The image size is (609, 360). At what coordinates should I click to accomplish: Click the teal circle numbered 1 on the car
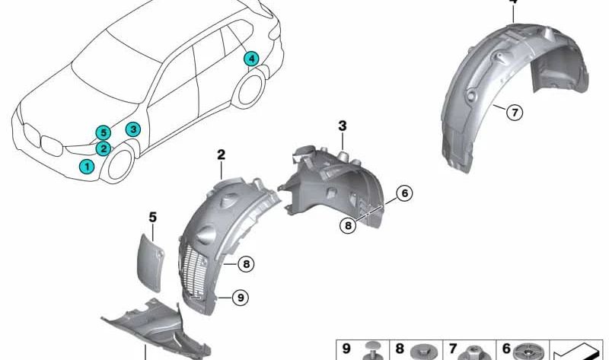pyautogui.click(x=88, y=165)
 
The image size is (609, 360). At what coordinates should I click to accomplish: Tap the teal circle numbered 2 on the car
pyautogui.click(x=104, y=148)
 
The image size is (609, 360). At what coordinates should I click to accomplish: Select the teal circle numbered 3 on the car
pyautogui.click(x=132, y=129)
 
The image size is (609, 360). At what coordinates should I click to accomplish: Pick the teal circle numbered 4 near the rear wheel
pyautogui.click(x=251, y=58)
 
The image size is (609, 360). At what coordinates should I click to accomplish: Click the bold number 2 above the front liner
pyautogui.click(x=221, y=155)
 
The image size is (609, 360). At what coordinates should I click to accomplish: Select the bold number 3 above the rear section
pyautogui.click(x=343, y=125)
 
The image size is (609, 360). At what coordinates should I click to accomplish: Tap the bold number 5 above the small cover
pyautogui.click(x=152, y=218)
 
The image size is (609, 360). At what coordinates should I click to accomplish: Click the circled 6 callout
pyautogui.click(x=404, y=193)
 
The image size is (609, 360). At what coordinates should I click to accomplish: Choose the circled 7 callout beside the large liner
pyautogui.click(x=514, y=113)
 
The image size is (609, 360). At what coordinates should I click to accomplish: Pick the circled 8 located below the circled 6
pyautogui.click(x=348, y=225)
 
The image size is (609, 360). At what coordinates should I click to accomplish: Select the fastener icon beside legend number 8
pyautogui.click(x=421, y=351)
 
